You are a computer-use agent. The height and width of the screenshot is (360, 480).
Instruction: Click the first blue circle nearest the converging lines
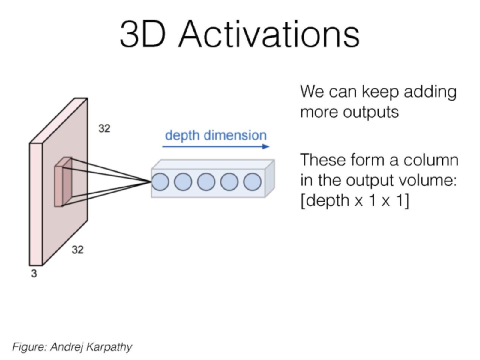tap(160, 182)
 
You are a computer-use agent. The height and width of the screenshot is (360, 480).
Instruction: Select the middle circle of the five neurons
tap(206, 182)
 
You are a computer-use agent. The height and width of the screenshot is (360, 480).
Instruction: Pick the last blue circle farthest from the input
tap(252, 182)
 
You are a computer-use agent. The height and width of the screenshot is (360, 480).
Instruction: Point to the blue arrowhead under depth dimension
tap(266, 146)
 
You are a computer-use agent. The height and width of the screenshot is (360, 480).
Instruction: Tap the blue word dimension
tap(235, 135)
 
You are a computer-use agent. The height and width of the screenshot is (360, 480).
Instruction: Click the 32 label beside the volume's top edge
tap(104, 129)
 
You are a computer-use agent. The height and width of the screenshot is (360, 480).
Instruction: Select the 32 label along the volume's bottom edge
tap(77, 250)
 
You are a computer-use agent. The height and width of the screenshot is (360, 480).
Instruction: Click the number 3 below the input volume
tap(34, 274)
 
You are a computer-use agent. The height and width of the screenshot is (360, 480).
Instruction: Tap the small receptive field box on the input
tap(63, 182)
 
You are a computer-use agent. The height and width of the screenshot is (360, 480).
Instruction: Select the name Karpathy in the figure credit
tap(109, 347)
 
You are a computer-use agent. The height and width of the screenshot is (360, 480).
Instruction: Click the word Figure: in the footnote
tap(29, 347)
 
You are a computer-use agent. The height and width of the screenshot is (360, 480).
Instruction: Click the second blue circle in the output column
tap(183, 182)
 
